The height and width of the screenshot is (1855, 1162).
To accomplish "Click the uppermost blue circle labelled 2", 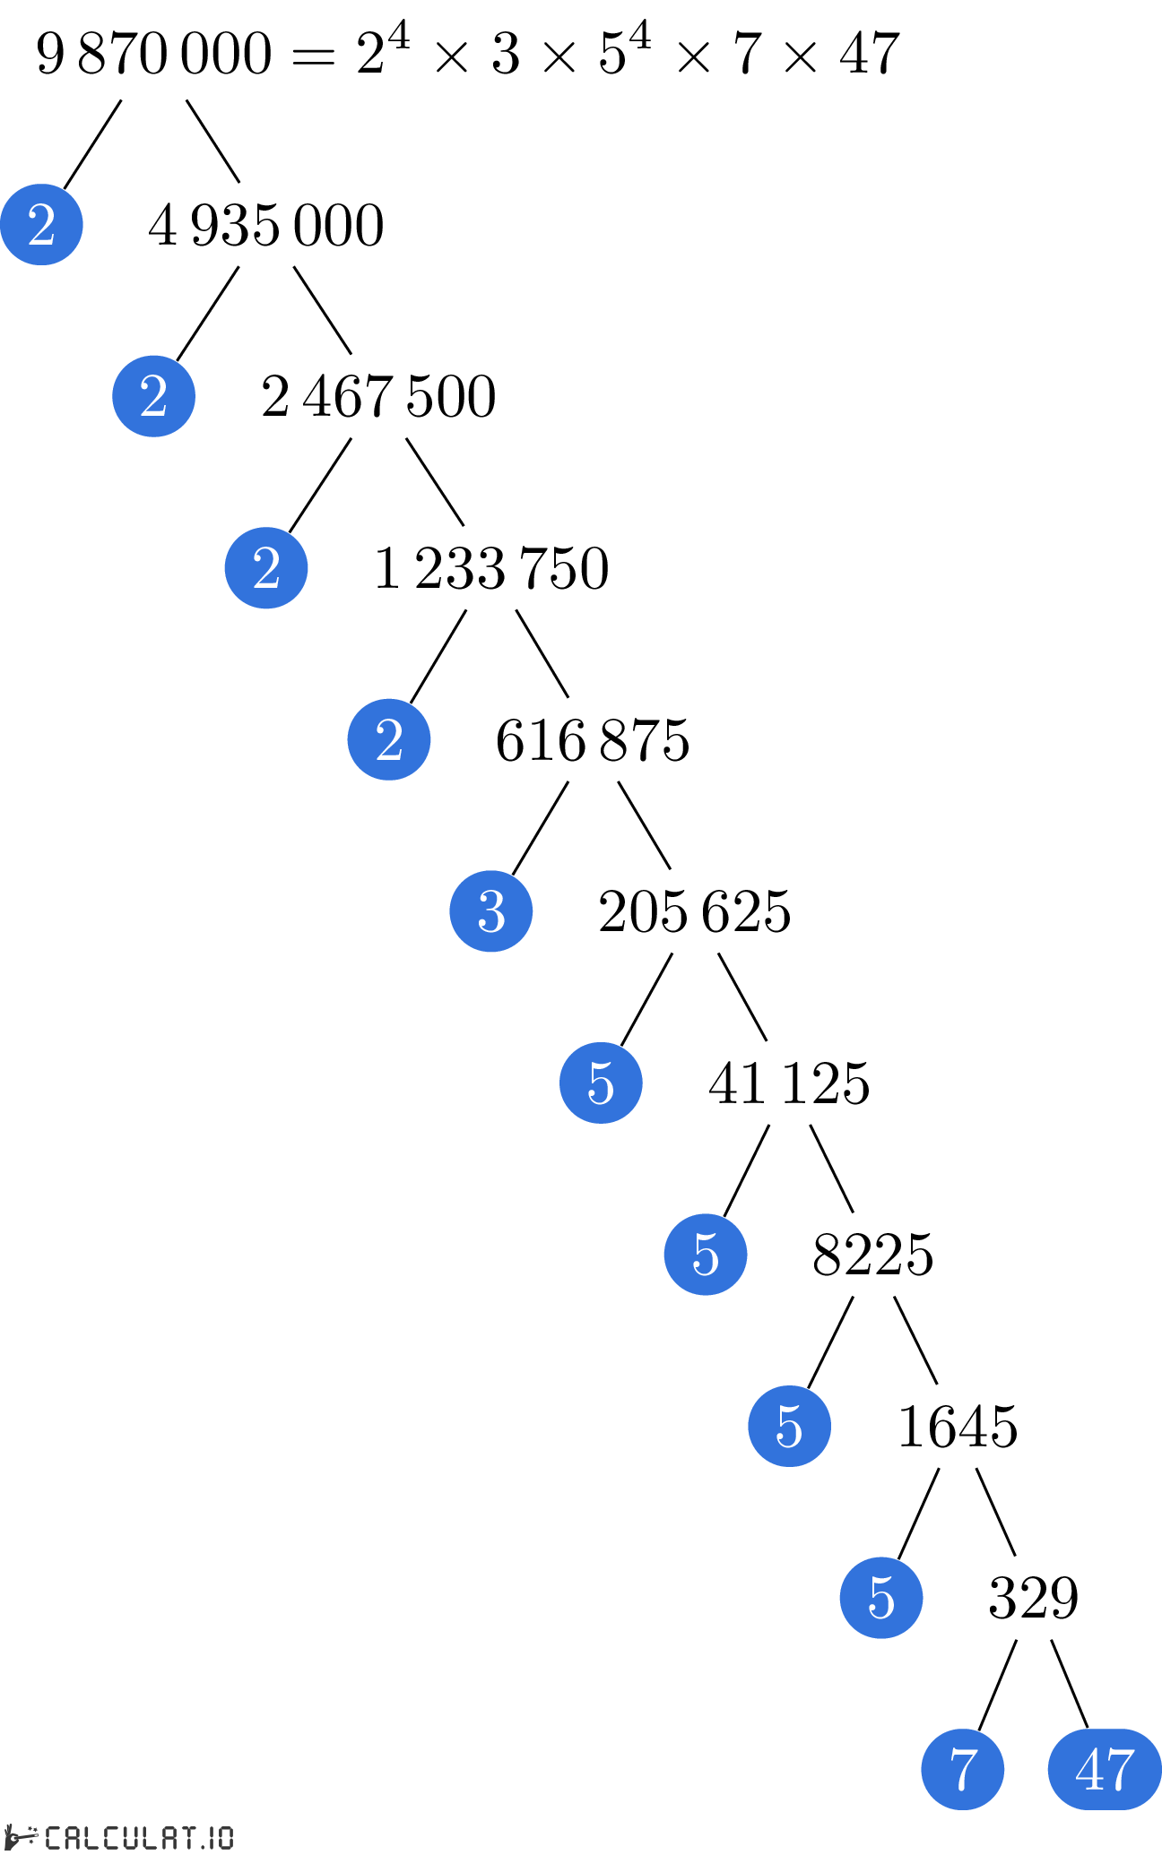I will point(41,224).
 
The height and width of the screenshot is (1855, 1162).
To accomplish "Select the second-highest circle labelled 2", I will point(153,396).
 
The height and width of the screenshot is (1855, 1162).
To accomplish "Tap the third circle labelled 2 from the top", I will point(266,568).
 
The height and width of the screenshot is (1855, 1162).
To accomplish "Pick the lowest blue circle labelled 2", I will point(389,739).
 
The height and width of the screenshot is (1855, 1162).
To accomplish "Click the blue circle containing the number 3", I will point(491,910).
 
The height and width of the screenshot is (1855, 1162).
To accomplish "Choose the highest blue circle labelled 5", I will point(601,1083).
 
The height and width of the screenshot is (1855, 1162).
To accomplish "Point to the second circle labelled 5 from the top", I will point(706,1254).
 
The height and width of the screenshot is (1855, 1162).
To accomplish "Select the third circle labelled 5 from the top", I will point(789,1426).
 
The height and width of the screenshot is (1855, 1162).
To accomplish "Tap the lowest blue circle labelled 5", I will point(881,1597).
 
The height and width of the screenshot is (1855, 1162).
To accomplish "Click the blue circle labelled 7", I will point(963,1769).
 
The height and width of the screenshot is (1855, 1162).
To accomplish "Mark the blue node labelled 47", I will point(1105,1769).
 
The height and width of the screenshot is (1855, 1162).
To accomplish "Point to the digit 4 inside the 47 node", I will point(1089,1770).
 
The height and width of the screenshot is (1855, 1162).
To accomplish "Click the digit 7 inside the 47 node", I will point(1121,1770).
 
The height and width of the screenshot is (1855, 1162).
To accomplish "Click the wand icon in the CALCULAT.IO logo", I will point(22,1836).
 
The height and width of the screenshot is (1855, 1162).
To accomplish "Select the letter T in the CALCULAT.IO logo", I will point(187,1837).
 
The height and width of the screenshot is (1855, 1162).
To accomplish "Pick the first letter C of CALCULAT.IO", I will point(53,1837).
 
